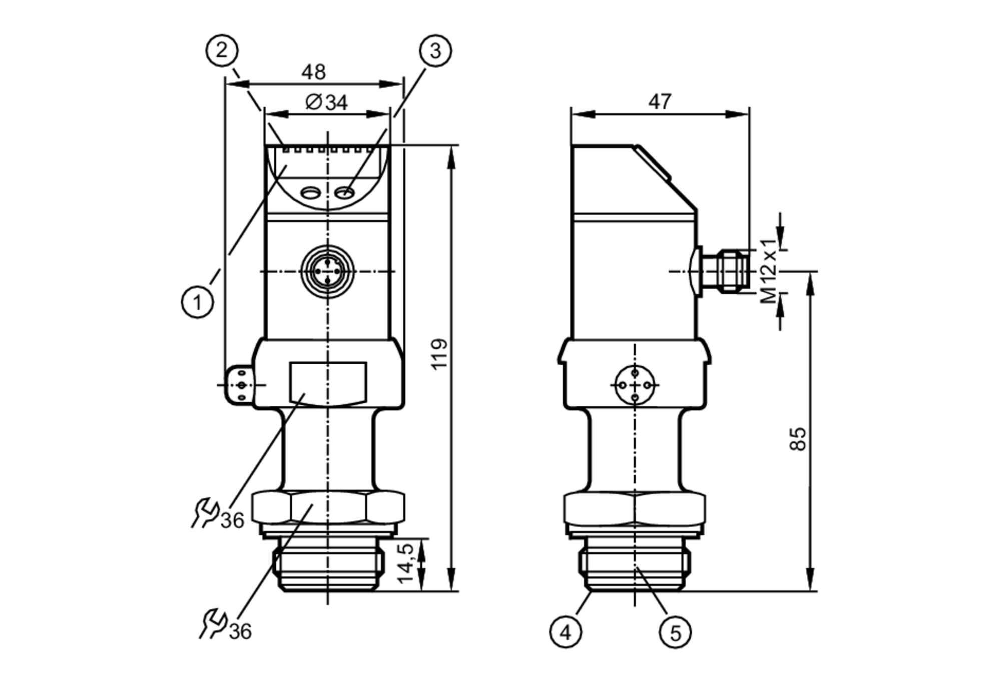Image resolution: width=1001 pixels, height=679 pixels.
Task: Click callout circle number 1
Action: click(197, 302)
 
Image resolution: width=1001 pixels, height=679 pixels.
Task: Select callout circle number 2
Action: click(222, 50)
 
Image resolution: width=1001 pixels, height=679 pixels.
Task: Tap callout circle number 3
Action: click(435, 51)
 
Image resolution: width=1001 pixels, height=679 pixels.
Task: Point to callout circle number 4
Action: click(566, 632)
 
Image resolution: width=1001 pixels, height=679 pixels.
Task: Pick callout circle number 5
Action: click(675, 633)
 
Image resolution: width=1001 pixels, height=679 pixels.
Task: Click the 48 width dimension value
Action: click(313, 72)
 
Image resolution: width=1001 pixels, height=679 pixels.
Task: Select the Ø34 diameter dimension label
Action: click(326, 103)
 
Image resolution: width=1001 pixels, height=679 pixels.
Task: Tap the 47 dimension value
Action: click(660, 102)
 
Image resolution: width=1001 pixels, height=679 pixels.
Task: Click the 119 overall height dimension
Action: click(439, 354)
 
